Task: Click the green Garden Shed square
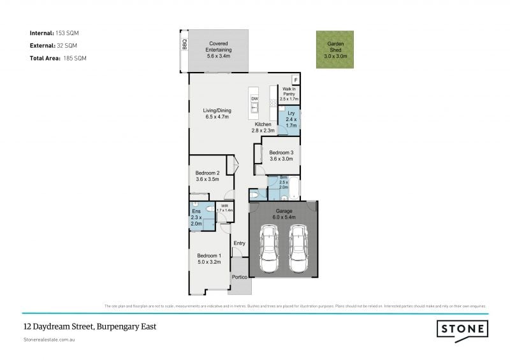pos(335,49)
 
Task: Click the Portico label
pos(239,277)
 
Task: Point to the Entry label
pos(239,243)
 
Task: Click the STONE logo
pos(463,329)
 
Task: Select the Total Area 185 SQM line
pos(57,58)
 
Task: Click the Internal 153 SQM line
pos(54,32)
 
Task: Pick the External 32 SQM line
pos(54,45)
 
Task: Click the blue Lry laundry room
pos(291,121)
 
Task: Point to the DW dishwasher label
pos(254,99)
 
